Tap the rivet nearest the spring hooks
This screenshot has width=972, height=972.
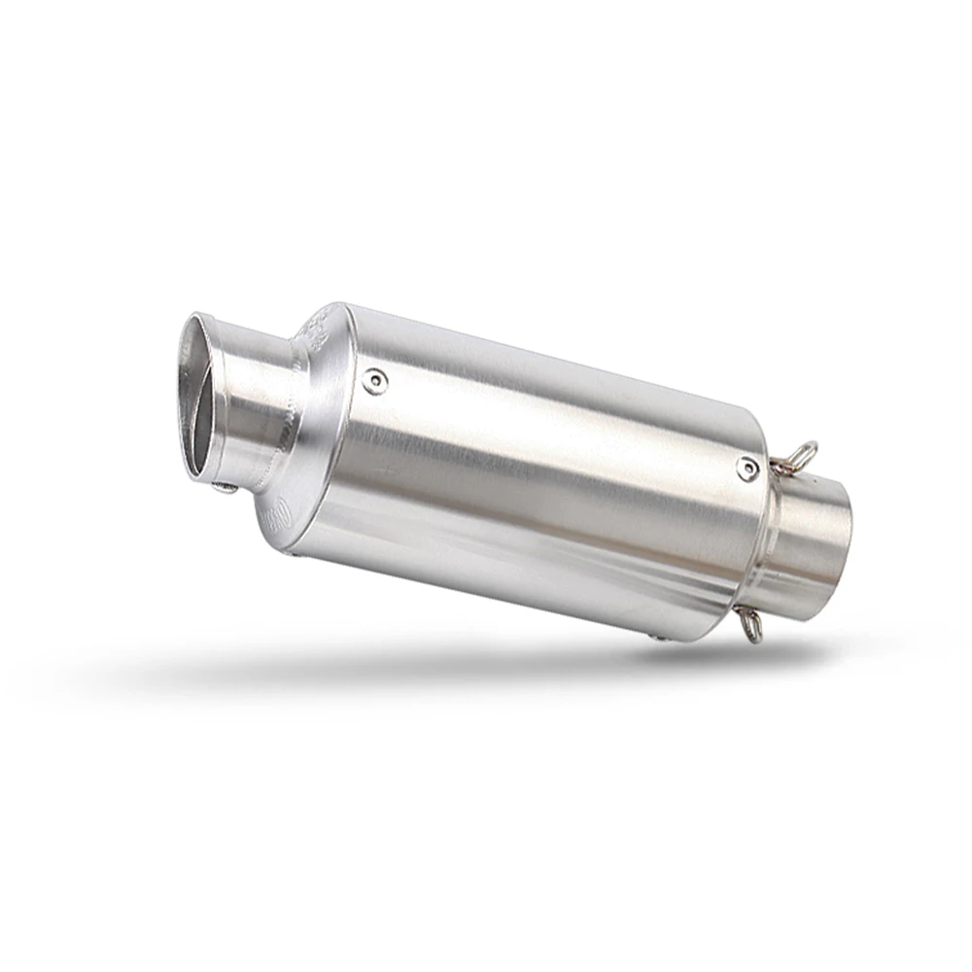coord(746,469)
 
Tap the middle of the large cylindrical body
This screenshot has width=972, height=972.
coord(535,467)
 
